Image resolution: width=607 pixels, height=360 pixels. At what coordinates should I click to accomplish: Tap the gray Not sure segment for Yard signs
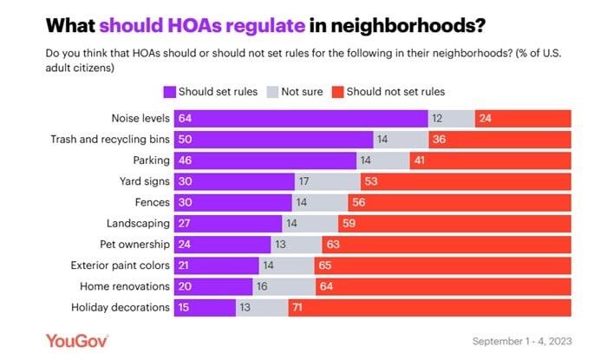tap(327, 182)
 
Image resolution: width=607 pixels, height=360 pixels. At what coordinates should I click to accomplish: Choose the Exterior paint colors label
tap(121, 265)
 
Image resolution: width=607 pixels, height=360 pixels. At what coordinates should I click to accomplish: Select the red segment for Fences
tap(460, 203)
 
